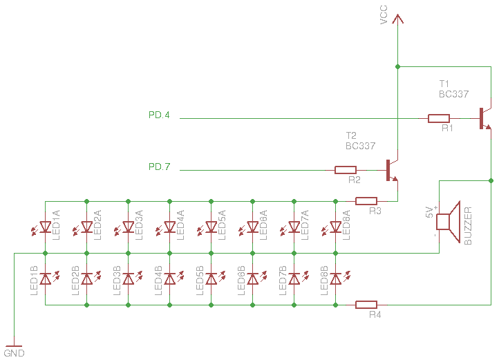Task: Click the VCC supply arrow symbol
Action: [397, 19]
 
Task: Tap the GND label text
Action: [14, 353]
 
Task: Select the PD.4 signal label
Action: [159, 115]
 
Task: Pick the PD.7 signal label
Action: [159, 167]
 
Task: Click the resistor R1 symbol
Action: [439, 118]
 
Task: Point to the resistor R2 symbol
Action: [346, 170]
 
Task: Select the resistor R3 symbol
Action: [366, 201]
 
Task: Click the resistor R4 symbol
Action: [366, 305]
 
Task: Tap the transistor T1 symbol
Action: [485, 118]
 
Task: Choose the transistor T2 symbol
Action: [392, 170]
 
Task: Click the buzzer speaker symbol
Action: [448, 222]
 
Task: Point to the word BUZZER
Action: [468, 226]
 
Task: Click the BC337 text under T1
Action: [453, 94]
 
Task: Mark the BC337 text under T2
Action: [360, 146]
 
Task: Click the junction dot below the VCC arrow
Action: [397, 67]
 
